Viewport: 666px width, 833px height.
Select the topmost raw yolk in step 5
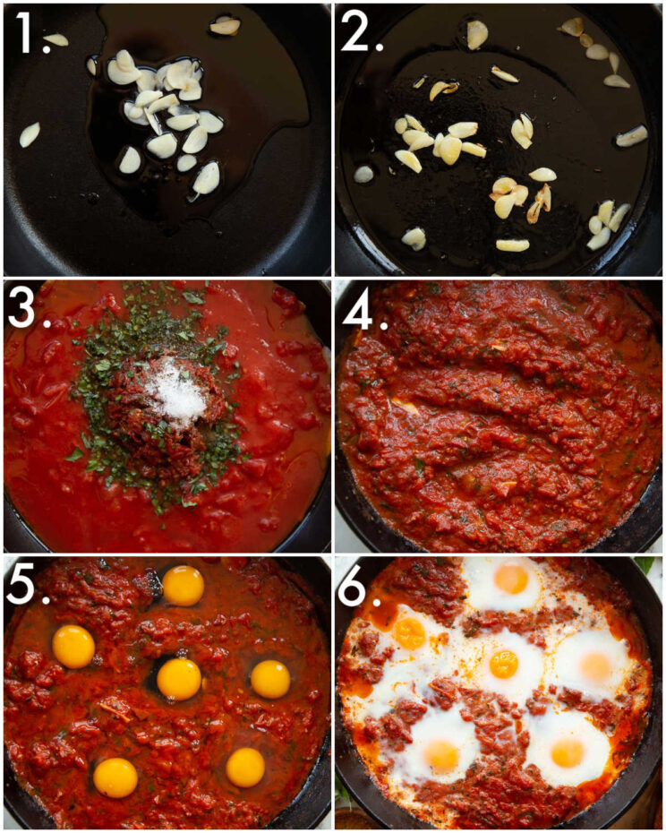[183, 585]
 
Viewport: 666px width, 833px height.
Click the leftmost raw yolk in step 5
[73, 646]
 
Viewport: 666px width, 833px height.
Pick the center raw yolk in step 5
[179, 679]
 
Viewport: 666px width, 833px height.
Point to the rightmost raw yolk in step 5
[269, 679]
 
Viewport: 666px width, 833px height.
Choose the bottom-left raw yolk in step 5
[115, 777]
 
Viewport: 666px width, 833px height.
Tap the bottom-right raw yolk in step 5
[244, 768]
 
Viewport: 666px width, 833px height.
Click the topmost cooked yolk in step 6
[511, 579]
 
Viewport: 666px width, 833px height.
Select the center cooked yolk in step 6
[504, 664]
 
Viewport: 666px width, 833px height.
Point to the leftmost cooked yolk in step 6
[410, 633]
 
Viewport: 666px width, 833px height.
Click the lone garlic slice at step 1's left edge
[30, 134]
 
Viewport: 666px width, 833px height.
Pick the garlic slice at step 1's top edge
[225, 26]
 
